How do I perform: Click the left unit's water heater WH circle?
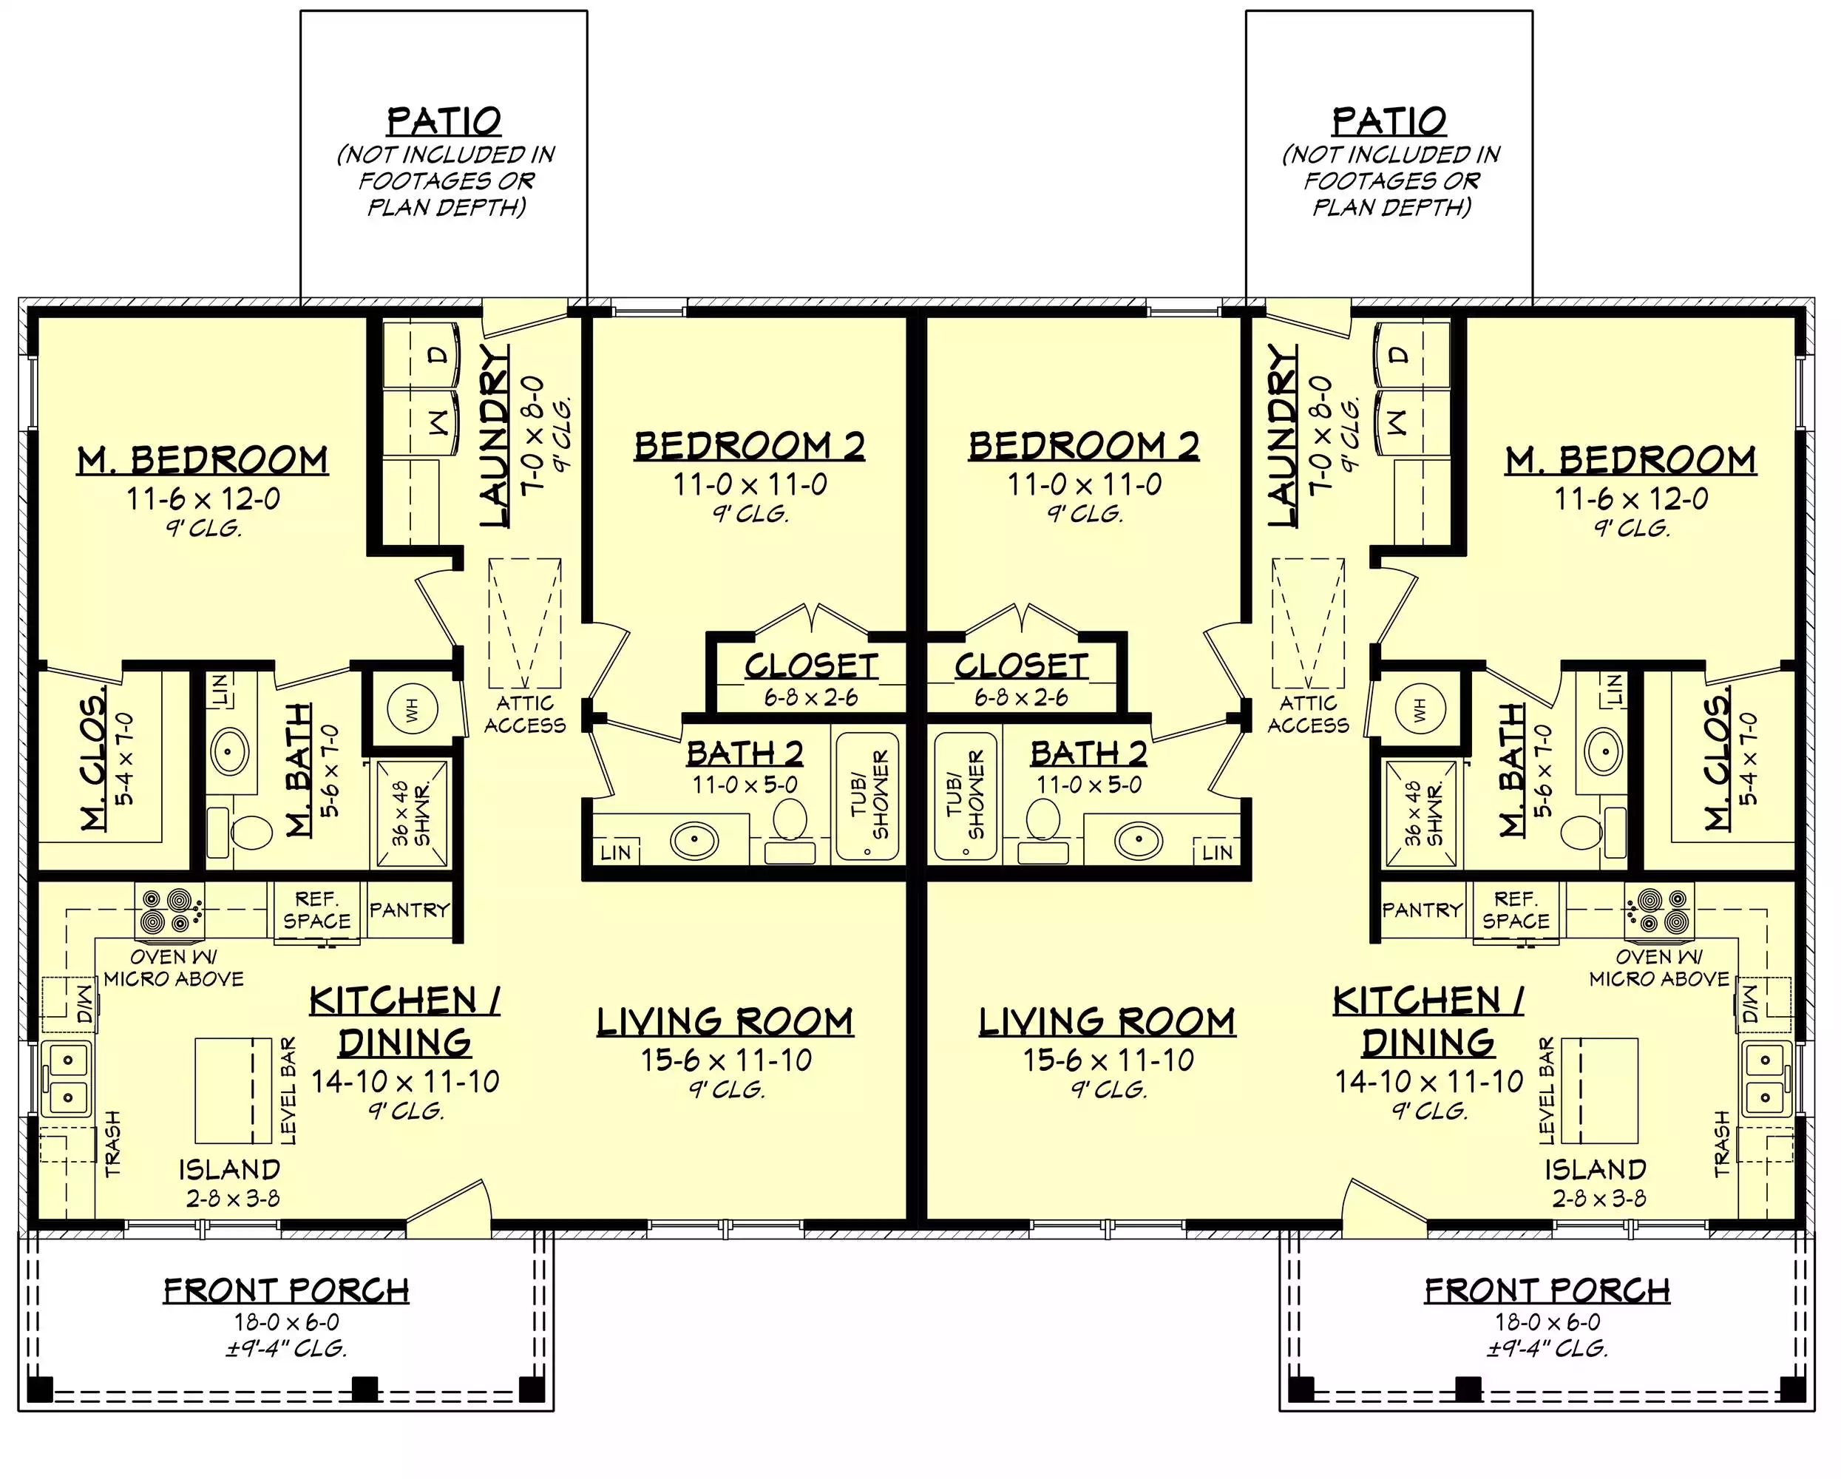[412, 708]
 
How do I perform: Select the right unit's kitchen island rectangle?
[1598, 1091]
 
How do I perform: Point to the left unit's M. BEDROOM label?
[203, 461]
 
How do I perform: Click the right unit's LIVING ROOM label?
[1107, 1022]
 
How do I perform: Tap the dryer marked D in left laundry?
[419, 354]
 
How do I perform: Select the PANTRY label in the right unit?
[1422, 910]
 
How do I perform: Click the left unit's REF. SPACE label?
[316, 910]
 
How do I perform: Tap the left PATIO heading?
[444, 121]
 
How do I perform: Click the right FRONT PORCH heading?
[1547, 1290]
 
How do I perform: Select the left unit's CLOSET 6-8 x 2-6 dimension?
[810, 697]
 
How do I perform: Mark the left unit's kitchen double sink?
[67, 1077]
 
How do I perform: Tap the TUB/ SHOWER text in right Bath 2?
[965, 795]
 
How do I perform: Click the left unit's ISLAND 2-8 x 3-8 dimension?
[232, 1199]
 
